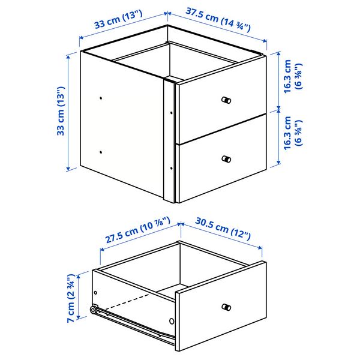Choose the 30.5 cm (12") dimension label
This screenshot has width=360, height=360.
pos(222,229)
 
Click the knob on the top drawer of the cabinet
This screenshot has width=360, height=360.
pos(226,100)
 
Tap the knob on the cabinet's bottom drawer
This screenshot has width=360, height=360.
pos(226,159)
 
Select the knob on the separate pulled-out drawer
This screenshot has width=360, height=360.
pos(226,308)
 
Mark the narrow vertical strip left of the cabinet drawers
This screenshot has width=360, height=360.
pos(170,141)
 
